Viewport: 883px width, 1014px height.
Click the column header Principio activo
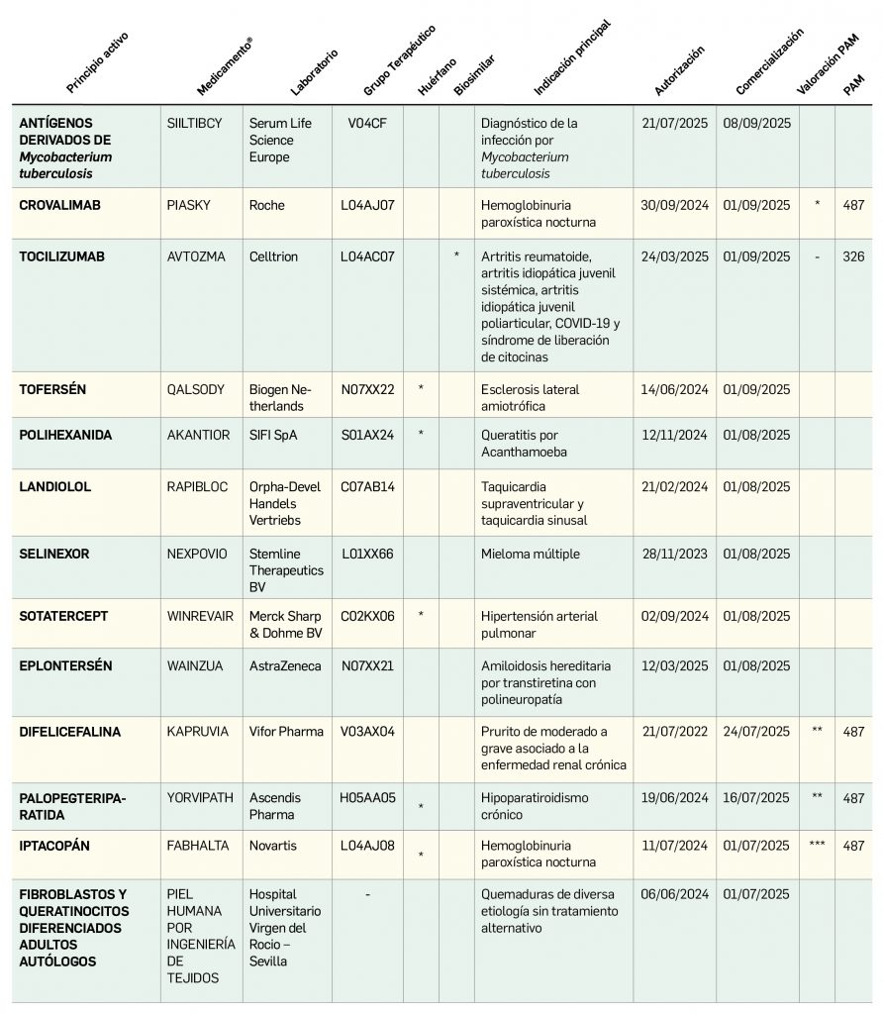tap(97, 61)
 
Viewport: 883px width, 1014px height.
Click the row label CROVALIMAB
tap(60, 206)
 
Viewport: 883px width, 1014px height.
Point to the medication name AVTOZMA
tap(196, 256)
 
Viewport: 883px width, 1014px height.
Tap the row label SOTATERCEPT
tap(63, 616)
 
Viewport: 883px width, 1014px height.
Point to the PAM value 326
tap(853, 256)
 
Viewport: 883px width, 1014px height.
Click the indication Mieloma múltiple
tap(531, 555)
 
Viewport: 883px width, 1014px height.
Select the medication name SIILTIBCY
tap(195, 124)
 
